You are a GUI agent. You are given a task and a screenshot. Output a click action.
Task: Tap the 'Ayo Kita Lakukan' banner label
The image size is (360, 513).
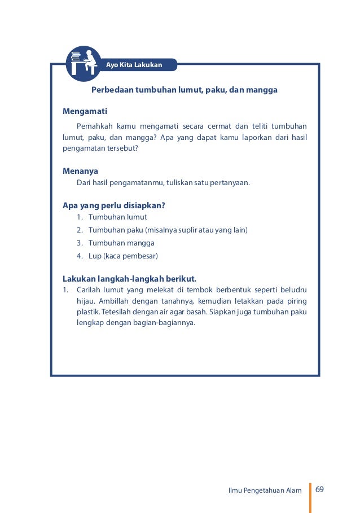pyautogui.click(x=134, y=65)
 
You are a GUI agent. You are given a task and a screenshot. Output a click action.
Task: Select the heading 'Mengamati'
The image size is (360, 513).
pyautogui.click(x=85, y=111)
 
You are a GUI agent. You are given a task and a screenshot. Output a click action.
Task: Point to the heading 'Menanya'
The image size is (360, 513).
pyautogui.click(x=80, y=170)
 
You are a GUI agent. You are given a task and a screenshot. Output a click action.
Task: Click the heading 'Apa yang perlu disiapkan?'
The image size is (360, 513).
pyautogui.click(x=113, y=205)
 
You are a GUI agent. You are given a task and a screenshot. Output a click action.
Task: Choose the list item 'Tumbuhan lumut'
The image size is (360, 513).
pyautogui.click(x=117, y=217)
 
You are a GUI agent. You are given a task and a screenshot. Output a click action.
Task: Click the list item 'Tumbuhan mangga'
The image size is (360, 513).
pyautogui.click(x=121, y=243)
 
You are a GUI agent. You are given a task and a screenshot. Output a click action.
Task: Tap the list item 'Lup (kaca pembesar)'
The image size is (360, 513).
pyautogui.click(x=122, y=256)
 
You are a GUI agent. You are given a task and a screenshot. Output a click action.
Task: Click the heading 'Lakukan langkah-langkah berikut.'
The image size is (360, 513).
pyautogui.click(x=129, y=279)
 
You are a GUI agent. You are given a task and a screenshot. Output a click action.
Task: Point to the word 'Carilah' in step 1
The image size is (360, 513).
pyautogui.click(x=89, y=290)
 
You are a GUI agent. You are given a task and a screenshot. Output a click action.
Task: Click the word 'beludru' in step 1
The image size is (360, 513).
pyautogui.click(x=293, y=290)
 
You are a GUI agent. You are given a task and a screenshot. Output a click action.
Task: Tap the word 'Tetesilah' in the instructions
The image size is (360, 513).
pyautogui.click(x=115, y=312)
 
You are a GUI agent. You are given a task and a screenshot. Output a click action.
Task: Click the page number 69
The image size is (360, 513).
pyautogui.click(x=320, y=489)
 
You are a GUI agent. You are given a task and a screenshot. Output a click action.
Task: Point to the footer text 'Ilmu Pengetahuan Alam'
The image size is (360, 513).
pyautogui.click(x=265, y=490)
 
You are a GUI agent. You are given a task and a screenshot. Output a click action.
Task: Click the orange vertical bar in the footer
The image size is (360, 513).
pyautogui.click(x=310, y=489)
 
